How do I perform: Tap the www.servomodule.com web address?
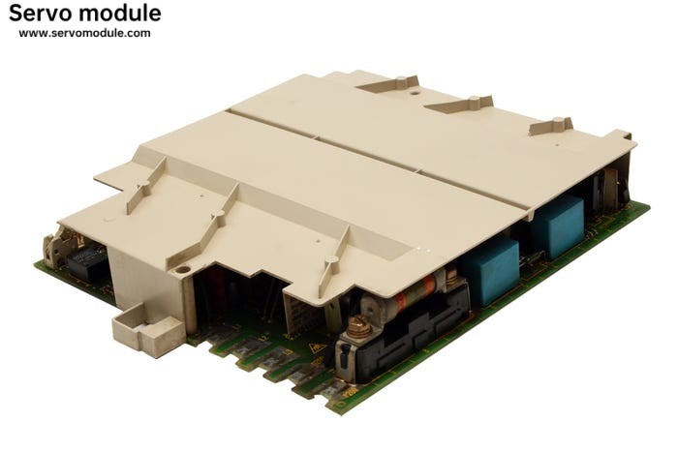(85, 33)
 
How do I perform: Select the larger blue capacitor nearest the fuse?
(490, 270)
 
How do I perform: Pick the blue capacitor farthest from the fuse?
(559, 226)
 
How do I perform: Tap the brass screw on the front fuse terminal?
(359, 327)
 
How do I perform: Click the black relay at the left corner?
(86, 263)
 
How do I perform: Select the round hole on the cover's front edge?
(182, 270)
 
